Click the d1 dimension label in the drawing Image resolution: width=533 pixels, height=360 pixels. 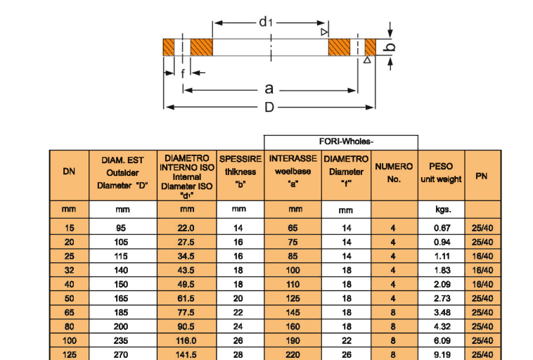(x=264, y=22)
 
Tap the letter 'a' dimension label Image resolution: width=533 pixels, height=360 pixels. (x=269, y=89)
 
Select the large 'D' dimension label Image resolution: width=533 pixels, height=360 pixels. (x=269, y=107)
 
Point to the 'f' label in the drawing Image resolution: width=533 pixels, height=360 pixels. (x=183, y=73)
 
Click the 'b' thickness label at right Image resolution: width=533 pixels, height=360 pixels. (x=392, y=47)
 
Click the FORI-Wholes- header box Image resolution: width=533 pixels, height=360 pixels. (x=341, y=141)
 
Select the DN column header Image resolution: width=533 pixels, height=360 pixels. (x=69, y=172)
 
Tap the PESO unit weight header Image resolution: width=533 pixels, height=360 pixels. (x=441, y=173)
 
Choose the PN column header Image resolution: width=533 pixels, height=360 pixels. (x=482, y=176)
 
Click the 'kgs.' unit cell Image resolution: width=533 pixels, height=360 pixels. (x=441, y=209)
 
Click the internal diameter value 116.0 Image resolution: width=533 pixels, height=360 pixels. (x=186, y=340)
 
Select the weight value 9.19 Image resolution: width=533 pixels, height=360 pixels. (x=441, y=354)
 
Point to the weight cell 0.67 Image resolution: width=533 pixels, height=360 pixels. (x=441, y=228)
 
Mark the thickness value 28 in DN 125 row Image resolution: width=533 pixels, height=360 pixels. (x=238, y=354)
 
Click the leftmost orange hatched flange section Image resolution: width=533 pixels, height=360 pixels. (x=169, y=47)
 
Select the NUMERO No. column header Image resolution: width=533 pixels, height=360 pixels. (x=394, y=173)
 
